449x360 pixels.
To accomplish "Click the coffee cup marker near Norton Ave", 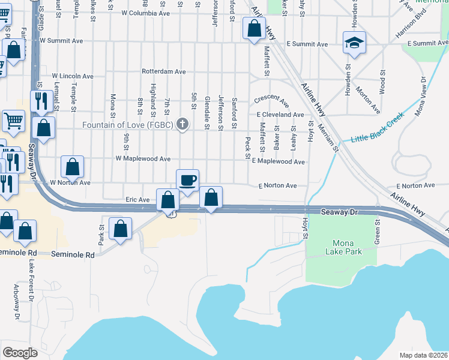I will pos(187,180).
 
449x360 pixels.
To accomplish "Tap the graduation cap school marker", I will pos(354,43).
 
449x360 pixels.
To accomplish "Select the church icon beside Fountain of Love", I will pos(184,125).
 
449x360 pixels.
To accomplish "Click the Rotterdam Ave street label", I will pos(163,71).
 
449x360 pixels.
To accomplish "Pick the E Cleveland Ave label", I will pos(280,114).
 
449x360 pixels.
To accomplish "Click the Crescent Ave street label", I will pos(271,99).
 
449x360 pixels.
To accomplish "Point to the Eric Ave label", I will pos(137,199).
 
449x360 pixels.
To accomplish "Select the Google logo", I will pos(20,352).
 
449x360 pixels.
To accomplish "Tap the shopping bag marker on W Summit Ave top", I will pos(254,28).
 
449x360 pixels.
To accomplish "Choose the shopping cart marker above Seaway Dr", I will pos(14,121).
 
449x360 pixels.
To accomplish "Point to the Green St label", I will pos(378,230).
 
